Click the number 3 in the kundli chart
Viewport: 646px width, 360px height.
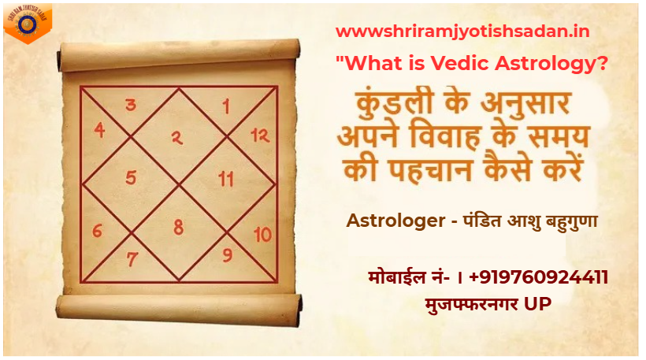(131, 105)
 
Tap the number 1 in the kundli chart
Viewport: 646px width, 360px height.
(226, 105)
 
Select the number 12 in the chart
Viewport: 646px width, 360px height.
(260, 135)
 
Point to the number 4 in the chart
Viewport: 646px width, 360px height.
(99, 131)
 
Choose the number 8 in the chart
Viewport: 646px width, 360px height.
(179, 228)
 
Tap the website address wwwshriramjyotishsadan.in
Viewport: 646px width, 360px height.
(462, 32)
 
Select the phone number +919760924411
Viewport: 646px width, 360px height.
(538, 277)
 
